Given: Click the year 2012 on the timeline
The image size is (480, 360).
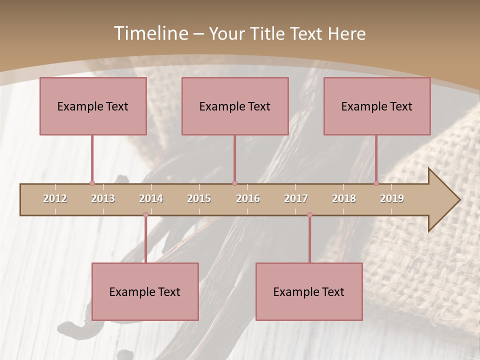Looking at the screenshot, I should (55, 198).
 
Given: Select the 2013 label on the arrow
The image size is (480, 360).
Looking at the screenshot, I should (103, 198).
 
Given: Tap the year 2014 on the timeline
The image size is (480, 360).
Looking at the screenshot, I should (151, 198).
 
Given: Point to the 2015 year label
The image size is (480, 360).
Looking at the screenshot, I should (199, 198).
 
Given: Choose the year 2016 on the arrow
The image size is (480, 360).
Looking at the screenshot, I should (248, 198).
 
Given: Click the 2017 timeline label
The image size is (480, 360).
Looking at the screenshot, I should (296, 198).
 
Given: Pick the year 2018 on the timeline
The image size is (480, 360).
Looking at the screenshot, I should (344, 198).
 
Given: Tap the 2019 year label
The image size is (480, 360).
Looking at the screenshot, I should (392, 198).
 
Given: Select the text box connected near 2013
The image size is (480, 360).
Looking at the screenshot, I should (93, 106).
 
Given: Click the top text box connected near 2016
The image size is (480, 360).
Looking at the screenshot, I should (235, 106).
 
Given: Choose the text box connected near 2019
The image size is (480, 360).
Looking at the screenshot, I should (377, 106).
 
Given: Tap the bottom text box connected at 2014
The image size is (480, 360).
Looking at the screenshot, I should (145, 291).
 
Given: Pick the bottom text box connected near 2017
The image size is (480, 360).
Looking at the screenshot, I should (309, 291).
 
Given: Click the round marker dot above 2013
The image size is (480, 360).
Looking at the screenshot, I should (92, 183).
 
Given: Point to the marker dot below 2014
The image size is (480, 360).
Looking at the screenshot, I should (145, 215).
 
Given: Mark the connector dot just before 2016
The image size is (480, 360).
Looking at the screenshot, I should (234, 183).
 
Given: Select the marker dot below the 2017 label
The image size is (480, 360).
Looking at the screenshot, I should (309, 215).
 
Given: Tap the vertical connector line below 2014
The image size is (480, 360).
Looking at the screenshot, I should (145, 239).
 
